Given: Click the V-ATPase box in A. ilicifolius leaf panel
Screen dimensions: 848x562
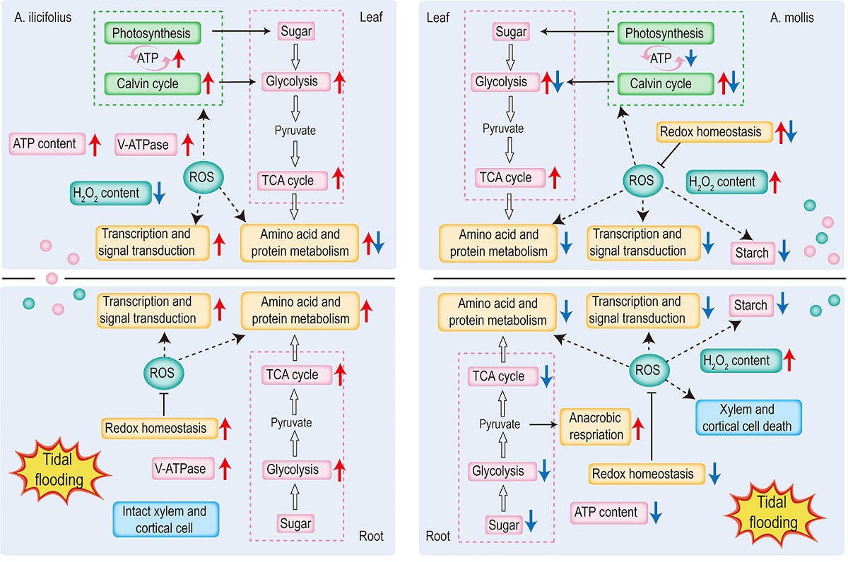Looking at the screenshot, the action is [146, 145].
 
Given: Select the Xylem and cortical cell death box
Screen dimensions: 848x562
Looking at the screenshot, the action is [748, 417].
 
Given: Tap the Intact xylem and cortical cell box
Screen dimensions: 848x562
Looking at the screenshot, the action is [166, 519].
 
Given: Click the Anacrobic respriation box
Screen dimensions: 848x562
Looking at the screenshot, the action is [595, 426].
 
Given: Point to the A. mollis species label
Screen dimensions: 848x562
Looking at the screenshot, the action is [791, 18].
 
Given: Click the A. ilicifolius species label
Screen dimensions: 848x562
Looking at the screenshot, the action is [43, 18].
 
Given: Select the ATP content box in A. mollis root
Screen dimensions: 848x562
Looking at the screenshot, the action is [608, 513].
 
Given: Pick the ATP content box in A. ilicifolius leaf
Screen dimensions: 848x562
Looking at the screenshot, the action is [47, 144].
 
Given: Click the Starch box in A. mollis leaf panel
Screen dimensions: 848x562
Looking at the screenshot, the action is [753, 253].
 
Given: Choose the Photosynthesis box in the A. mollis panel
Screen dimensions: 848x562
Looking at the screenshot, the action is [666, 33].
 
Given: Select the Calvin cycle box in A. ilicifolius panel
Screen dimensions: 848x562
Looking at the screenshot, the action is [153, 83].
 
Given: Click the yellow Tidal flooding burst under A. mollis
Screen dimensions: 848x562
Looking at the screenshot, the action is [774, 513].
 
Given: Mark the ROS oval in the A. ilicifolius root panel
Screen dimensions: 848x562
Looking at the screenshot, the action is [163, 373].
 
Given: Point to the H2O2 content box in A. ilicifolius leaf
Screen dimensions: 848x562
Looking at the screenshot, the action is [110, 193].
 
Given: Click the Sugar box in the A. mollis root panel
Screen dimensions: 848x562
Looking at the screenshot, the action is [504, 525].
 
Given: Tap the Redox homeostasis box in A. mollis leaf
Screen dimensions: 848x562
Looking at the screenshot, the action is [714, 132].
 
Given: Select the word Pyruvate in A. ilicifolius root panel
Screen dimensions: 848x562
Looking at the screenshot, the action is [291, 422].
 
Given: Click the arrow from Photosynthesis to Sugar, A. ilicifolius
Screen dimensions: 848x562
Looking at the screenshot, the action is [241, 31].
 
